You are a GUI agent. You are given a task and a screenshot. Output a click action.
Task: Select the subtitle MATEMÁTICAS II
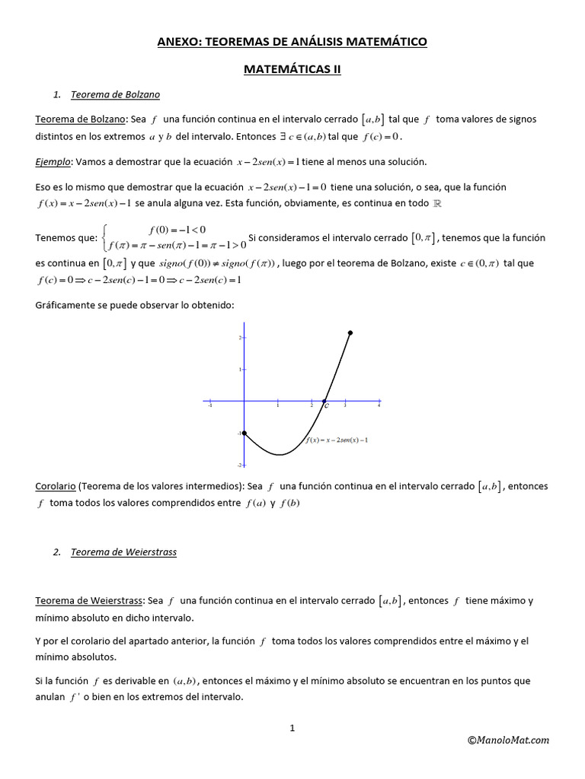292,69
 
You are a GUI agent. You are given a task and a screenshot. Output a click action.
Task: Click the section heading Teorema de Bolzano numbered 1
115,95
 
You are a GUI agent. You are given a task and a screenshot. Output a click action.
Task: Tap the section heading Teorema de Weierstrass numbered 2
123,552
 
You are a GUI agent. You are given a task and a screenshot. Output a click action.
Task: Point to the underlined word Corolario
55,486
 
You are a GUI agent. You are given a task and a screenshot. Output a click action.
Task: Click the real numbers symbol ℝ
436,204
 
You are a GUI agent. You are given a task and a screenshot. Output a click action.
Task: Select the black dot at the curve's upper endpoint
350,332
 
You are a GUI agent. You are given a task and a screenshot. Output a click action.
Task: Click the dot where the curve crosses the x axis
324,401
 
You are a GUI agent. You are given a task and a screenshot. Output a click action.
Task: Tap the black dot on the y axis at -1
244,433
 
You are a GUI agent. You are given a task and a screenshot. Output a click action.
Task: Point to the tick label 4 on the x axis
379,407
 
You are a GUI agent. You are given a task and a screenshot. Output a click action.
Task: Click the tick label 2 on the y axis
239,337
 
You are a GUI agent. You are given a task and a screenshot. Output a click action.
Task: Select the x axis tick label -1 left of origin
209,407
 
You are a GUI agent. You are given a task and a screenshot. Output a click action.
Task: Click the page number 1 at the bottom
292,728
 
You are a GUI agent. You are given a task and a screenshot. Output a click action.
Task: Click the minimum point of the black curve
280,455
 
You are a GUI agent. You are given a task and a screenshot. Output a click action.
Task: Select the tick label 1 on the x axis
277,407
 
